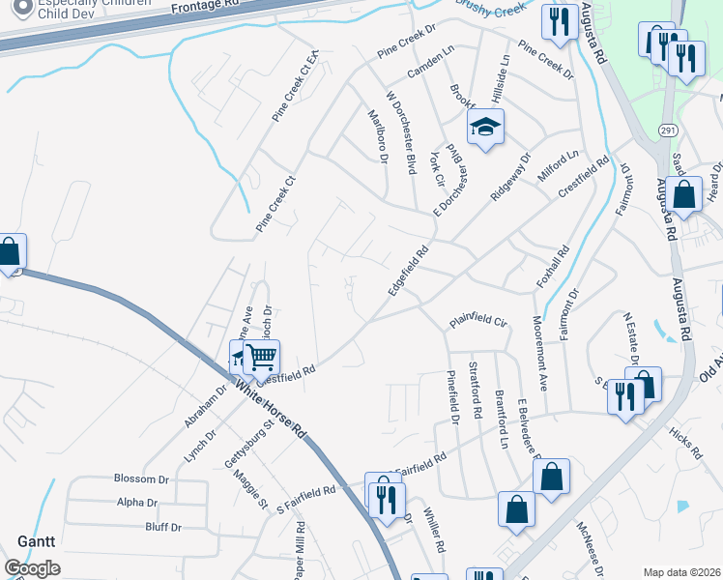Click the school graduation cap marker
pos(486,128)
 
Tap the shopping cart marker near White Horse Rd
pos(261,357)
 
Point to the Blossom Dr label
pos(141,478)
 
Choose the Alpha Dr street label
pos(136,503)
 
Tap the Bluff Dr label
pos(162,527)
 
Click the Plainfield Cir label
pos(478,320)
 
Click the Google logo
pos(32,568)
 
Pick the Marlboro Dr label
pos(377,136)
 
